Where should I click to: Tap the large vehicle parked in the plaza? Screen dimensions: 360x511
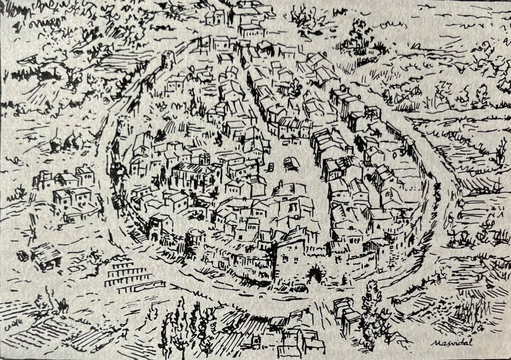[291, 163]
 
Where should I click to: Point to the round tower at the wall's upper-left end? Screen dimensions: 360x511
[168, 60]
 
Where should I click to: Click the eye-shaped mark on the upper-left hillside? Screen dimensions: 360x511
[77, 52]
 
